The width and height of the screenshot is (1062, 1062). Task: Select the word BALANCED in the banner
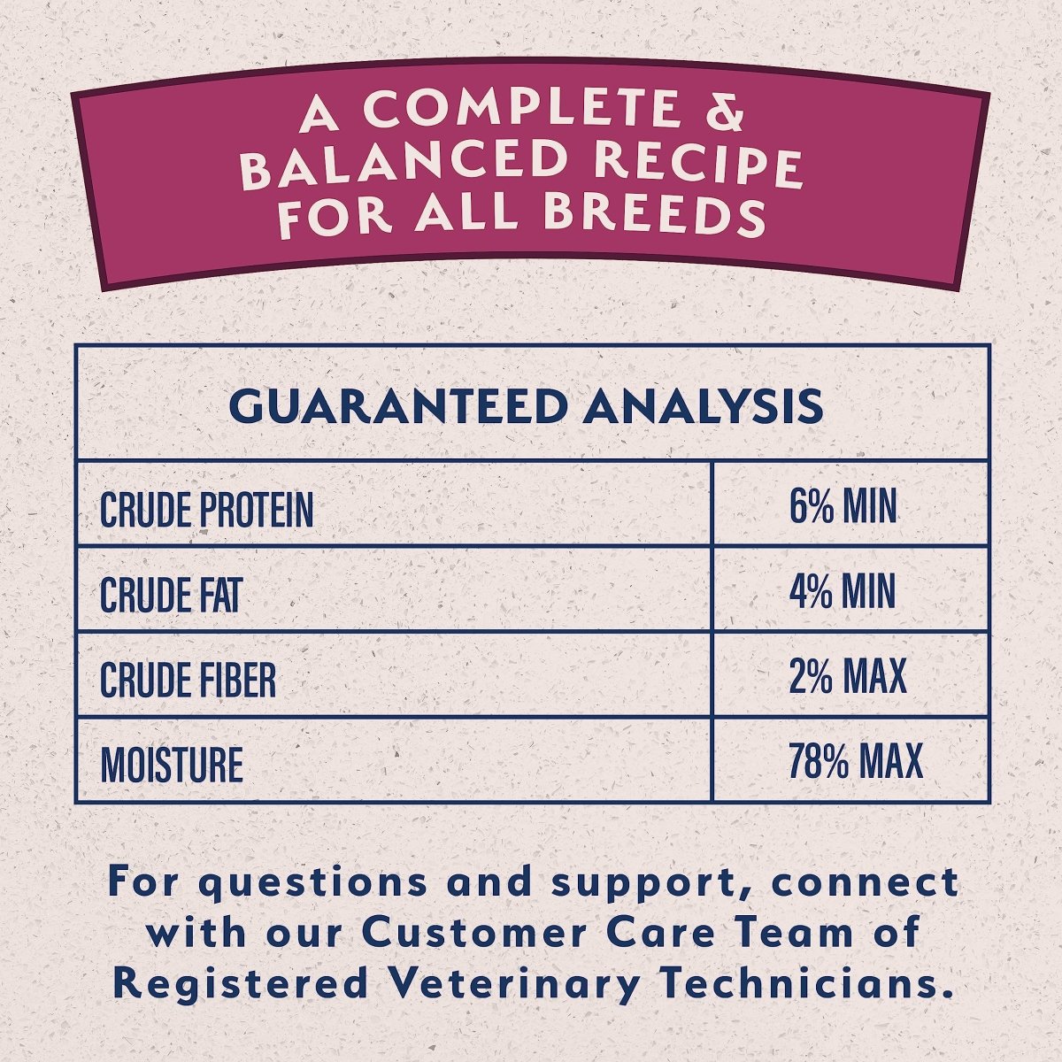tap(403, 164)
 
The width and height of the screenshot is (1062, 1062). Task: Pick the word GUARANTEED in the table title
tap(396, 406)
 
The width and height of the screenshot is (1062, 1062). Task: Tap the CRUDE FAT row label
tap(170, 595)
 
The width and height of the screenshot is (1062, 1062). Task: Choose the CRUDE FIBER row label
tap(188, 680)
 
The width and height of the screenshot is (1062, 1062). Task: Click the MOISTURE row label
tap(172, 765)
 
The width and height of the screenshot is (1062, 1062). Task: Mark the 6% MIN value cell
tap(843, 507)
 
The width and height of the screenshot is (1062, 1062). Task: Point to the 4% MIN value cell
tap(843, 592)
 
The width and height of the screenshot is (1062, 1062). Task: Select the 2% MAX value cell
tap(848, 677)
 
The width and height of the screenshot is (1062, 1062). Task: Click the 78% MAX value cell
tap(855, 762)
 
